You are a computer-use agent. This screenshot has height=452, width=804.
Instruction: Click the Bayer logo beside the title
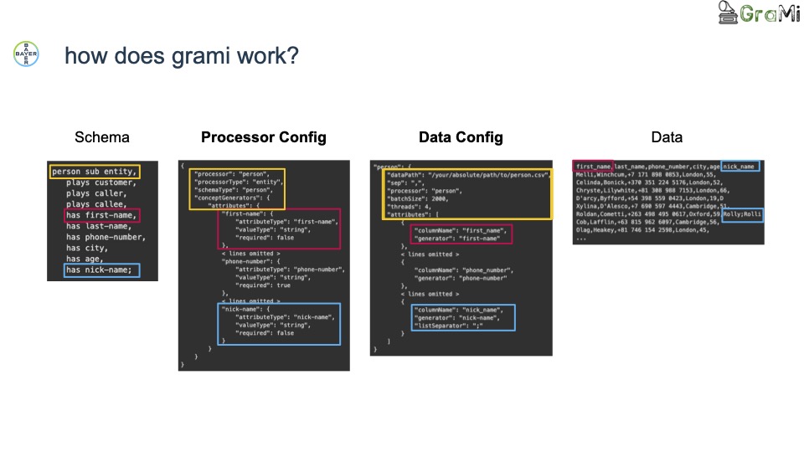pos(26,54)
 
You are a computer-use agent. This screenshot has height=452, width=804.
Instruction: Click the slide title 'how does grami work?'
pos(182,56)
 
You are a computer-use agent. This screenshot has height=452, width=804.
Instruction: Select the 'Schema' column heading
pos(102,137)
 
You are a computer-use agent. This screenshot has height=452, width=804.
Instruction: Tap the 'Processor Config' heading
pos(264,137)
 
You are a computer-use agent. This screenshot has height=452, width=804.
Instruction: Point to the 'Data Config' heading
pos(461,137)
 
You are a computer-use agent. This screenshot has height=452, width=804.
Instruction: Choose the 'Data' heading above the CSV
pos(667,137)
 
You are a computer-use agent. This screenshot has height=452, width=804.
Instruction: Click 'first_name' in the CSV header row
pos(594,166)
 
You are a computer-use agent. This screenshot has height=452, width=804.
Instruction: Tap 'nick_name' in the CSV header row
pos(740,166)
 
